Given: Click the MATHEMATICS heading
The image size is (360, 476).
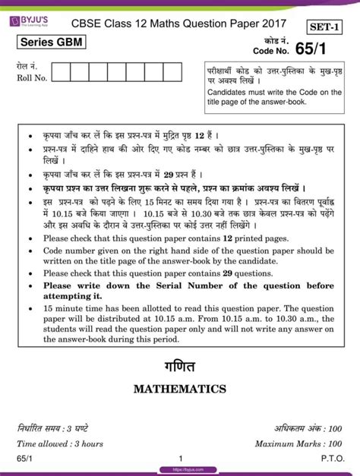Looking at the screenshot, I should [180, 389].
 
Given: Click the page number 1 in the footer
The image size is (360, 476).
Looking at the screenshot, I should [181, 459].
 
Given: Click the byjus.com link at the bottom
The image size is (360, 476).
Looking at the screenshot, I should [180, 470].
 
